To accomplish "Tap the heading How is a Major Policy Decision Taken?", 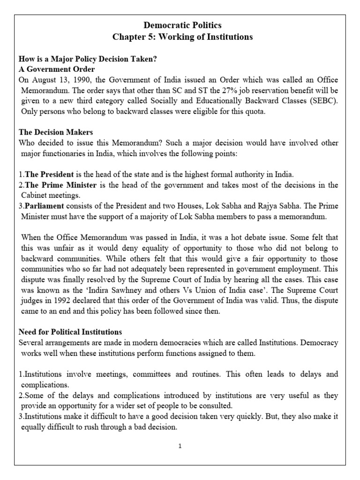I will [x=87, y=60].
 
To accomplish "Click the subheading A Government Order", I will [x=57, y=69].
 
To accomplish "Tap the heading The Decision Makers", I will [x=56, y=133].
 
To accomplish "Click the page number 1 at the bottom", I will [x=180, y=446].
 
